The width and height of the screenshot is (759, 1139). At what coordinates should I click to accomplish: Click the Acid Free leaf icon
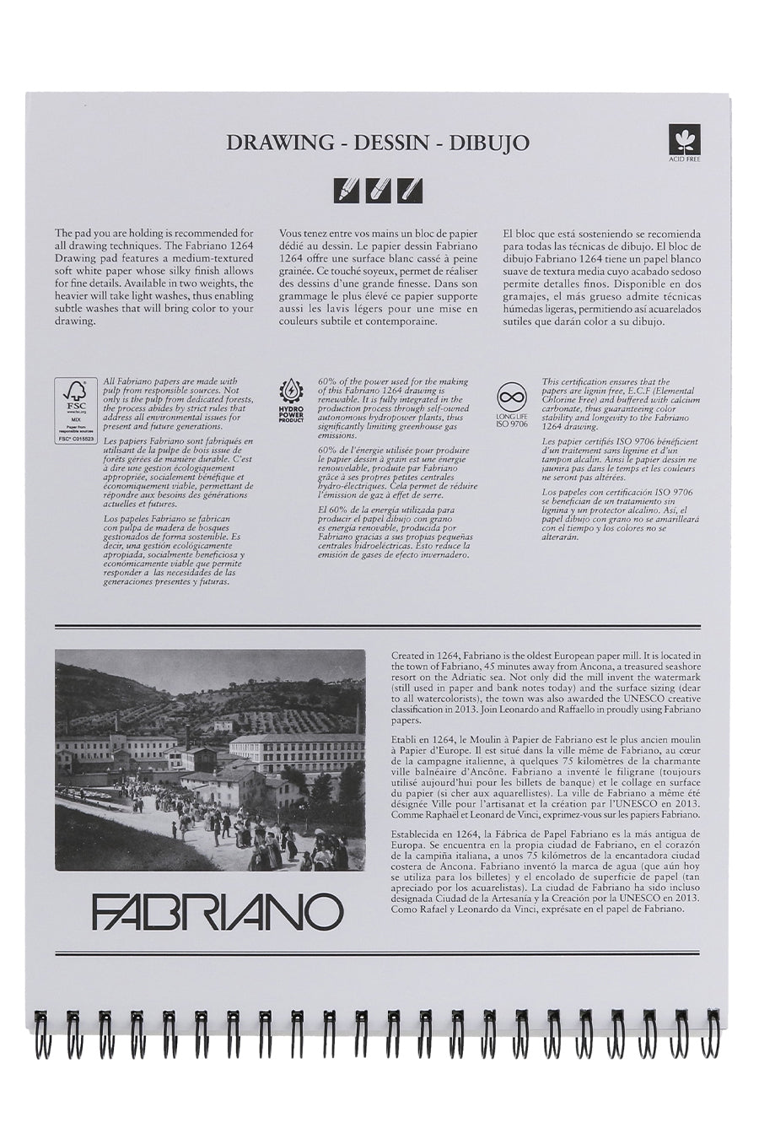click(679, 138)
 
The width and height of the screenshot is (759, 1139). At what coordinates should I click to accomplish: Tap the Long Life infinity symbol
click(512, 396)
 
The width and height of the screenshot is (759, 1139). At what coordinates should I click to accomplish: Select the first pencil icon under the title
click(346, 190)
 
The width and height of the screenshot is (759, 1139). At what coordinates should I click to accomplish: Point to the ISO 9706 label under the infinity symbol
click(512, 423)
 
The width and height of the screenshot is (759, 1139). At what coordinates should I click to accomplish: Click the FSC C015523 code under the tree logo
click(76, 440)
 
